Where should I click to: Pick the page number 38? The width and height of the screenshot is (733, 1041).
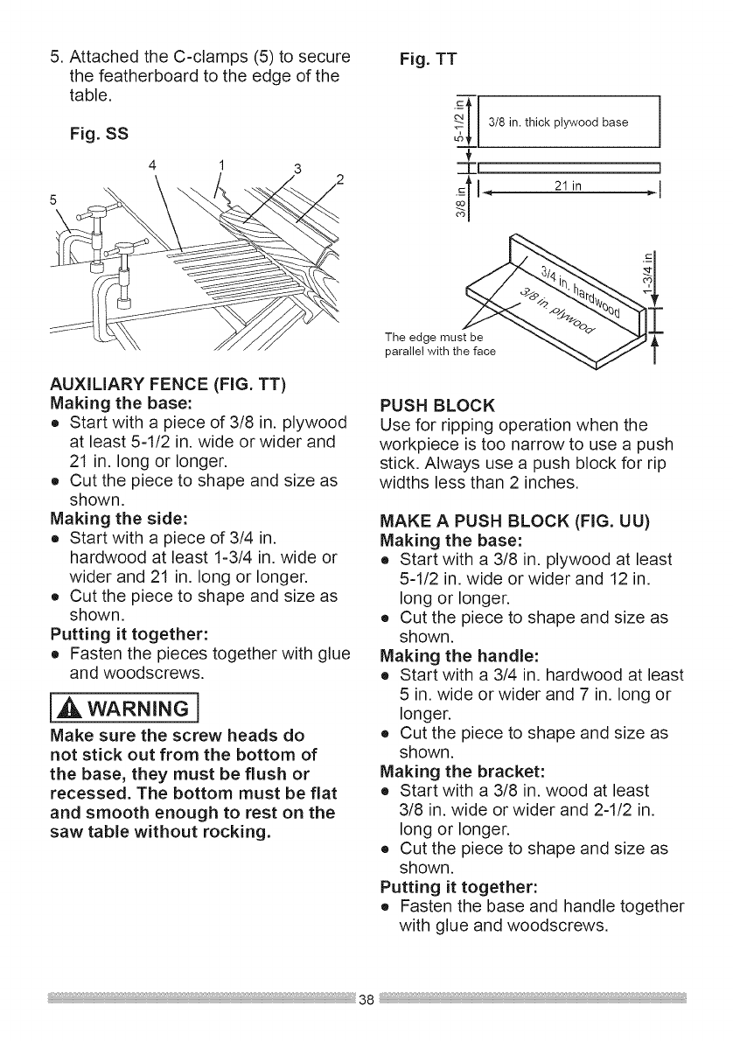point(366,1000)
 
